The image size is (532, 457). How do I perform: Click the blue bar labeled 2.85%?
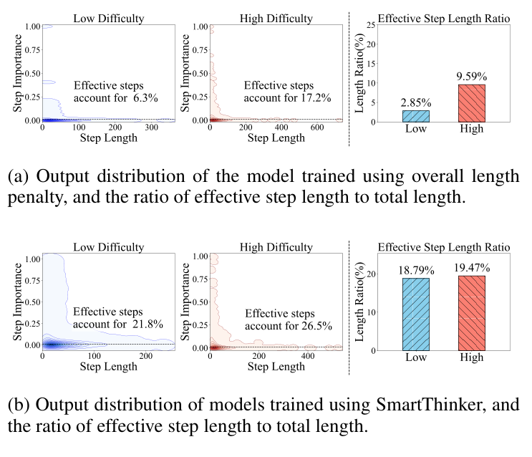(416, 115)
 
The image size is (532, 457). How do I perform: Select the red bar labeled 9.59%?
(471, 102)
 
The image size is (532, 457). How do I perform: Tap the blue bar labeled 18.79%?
(416, 314)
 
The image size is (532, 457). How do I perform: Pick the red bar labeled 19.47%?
(471, 313)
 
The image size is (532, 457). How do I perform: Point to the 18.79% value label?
(416, 269)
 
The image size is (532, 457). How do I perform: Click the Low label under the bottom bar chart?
(416, 357)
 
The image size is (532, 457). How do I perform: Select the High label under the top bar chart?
(471, 129)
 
